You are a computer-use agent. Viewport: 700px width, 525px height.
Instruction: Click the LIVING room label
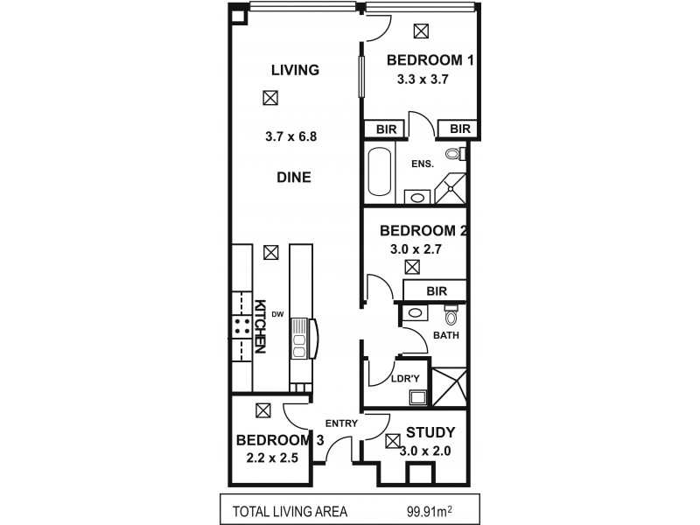pos(294,70)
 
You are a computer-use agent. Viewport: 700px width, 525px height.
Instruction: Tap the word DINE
pos(294,176)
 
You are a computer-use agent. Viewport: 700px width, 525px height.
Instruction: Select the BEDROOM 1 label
pos(430,61)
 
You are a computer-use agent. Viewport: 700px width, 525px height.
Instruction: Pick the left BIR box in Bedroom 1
pos(385,129)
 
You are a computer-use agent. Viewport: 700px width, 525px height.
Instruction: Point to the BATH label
pos(446,335)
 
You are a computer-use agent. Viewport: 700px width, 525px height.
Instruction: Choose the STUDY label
pos(430,433)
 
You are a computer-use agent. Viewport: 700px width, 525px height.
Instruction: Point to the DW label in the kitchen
pos(277,313)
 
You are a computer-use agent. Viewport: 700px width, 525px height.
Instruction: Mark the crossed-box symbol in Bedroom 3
pos(262,409)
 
